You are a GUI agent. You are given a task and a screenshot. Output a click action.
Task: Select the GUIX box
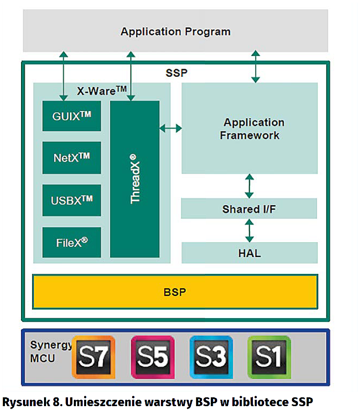click(x=72, y=116)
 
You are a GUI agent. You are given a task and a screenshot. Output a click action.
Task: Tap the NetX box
click(x=72, y=158)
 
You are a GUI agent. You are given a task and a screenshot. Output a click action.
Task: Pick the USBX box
click(x=72, y=200)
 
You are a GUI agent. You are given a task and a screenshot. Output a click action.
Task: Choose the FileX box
click(x=72, y=242)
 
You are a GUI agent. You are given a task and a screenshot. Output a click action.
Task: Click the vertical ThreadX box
click(x=135, y=179)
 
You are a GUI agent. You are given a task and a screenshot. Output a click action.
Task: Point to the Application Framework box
click(x=249, y=129)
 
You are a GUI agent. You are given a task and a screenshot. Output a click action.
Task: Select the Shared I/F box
click(x=249, y=209)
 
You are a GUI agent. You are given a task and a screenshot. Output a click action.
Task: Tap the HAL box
click(x=249, y=253)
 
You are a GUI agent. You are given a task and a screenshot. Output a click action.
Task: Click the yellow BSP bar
click(x=175, y=292)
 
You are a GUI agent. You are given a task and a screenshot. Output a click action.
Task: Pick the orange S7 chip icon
click(x=93, y=358)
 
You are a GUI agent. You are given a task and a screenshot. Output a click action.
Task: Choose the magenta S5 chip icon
click(x=152, y=358)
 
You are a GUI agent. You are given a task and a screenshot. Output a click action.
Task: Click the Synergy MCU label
click(x=45, y=351)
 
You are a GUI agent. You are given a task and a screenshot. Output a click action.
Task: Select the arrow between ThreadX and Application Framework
click(x=171, y=129)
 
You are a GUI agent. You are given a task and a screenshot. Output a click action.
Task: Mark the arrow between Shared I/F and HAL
click(x=250, y=230)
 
